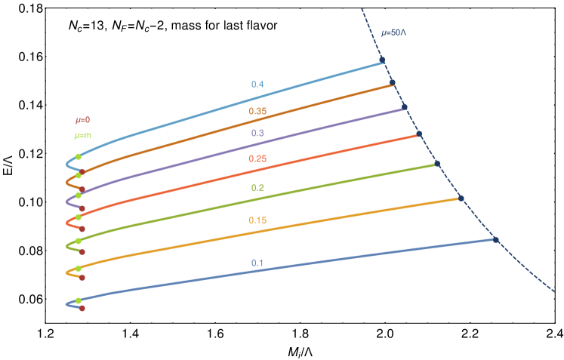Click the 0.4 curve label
[x=257, y=85]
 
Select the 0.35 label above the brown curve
[x=257, y=111]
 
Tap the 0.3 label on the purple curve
[x=257, y=133]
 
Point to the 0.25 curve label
[x=257, y=158]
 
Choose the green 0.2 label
[x=257, y=187]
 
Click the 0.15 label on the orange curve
[x=257, y=220]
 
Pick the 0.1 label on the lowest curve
[x=257, y=263]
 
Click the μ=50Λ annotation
[x=394, y=33]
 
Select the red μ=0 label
[x=82, y=120]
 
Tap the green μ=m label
[x=82, y=136]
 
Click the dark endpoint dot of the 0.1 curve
[x=496, y=239]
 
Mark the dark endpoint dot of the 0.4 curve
[x=382, y=60]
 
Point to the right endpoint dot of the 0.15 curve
[x=461, y=198]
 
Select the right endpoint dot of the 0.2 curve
[x=437, y=164]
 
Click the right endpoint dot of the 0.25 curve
[x=419, y=134]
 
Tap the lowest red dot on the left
[x=82, y=308]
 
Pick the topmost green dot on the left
[x=79, y=156]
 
